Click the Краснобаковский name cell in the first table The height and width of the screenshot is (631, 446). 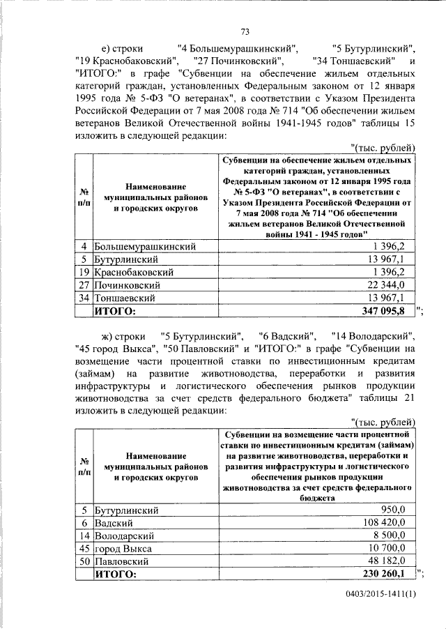coord(134,272)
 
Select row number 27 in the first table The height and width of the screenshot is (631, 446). coord(84,284)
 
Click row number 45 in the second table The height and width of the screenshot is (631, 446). coord(84,548)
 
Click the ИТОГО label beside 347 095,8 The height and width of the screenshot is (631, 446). coord(116,311)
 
